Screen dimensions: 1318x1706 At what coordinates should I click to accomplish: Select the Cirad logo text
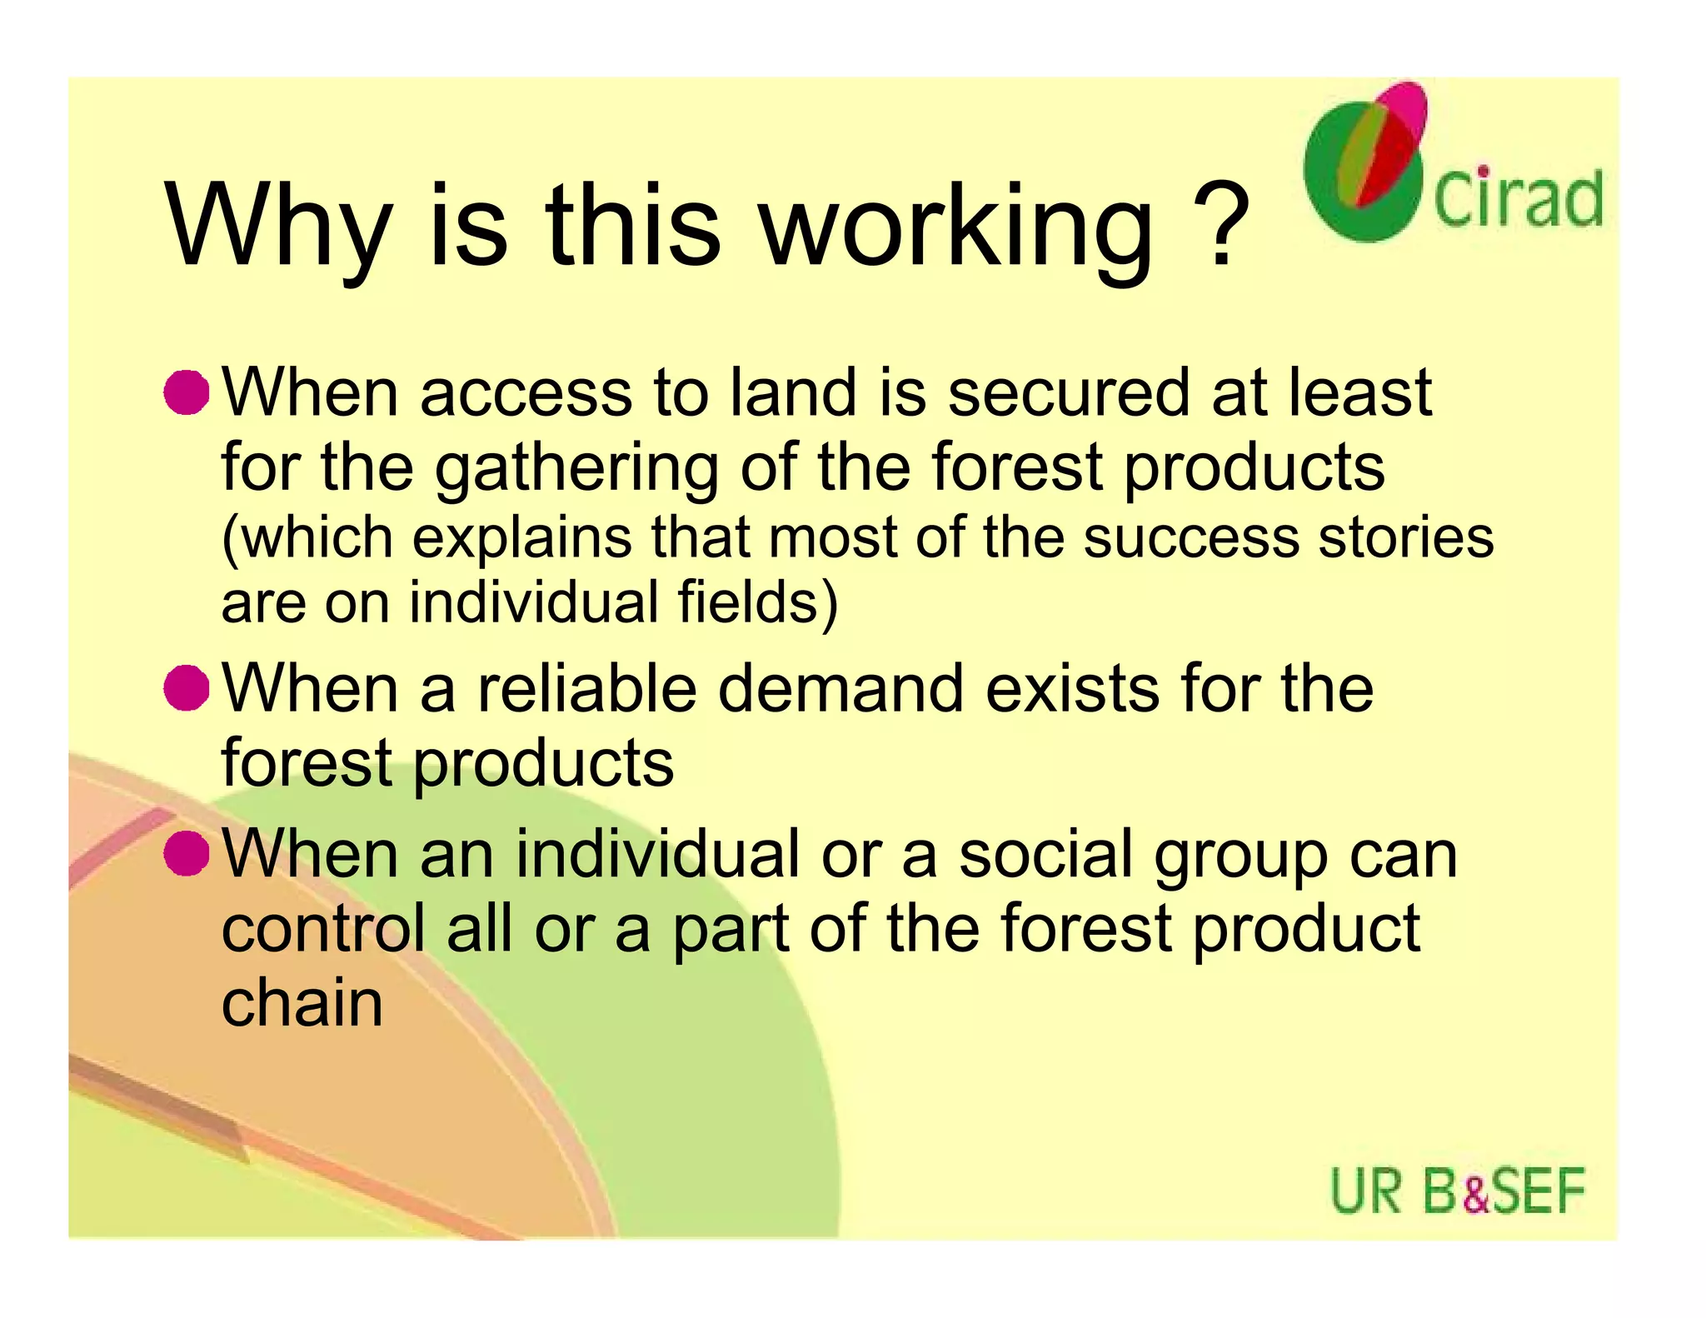[1518, 199]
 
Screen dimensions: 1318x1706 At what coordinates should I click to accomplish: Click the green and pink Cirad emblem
[1365, 162]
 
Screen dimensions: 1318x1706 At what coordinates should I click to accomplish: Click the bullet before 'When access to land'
[186, 392]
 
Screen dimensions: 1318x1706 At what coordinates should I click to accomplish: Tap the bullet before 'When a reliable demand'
[186, 688]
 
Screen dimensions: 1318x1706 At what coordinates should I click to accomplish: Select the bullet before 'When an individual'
[186, 853]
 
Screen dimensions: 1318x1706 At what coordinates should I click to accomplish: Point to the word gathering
[576, 469]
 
